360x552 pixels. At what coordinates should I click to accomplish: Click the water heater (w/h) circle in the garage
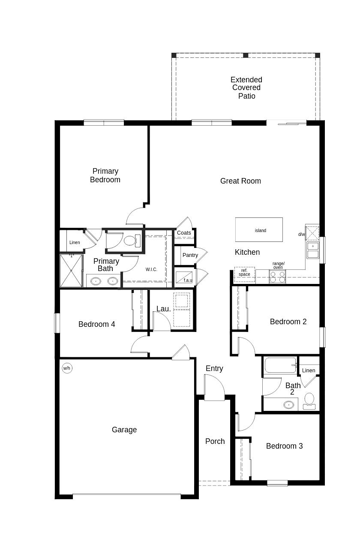[67, 368]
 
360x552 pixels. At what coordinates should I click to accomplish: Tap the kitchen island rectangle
[259, 230]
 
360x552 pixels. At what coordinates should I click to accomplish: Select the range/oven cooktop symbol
[277, 277]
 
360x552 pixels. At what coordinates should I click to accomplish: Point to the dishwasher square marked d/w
[312, 233]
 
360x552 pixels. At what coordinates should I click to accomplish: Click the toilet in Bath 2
[309, 401]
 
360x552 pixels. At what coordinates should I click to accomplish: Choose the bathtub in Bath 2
[280, 365]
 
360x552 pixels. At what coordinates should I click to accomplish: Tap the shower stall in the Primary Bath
[71, 271]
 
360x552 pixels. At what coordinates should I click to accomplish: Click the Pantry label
[190, 255]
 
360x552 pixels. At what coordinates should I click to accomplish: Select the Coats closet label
[184, 233]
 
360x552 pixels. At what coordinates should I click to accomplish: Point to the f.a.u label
[188, 280]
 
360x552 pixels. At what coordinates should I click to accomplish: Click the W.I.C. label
[151, 269]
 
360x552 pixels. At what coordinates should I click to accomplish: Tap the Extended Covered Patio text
[246, 88]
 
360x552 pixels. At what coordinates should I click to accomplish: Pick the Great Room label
[240, 181]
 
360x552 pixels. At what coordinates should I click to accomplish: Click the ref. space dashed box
[244, 273]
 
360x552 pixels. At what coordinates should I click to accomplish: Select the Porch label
[215, 441]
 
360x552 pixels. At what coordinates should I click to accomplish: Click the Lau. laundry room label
[163, 309]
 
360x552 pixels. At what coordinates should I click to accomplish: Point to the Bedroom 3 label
[284, 446]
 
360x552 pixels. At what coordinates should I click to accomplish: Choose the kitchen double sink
[313, 250]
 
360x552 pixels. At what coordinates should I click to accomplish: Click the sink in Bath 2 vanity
[289, 404]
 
